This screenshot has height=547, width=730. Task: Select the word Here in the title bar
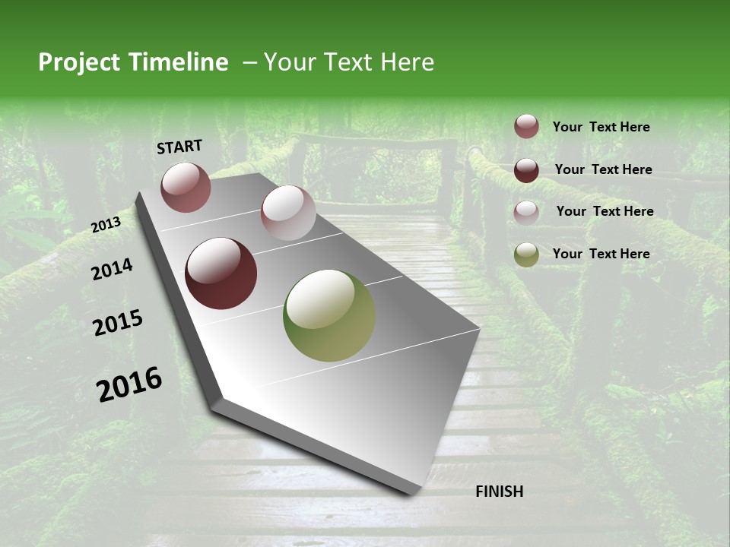(x=407, y=62)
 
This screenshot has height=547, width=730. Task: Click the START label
(x=179, y=147)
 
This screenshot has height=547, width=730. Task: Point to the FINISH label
(x=499, y=492)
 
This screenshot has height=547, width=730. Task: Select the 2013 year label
(x=106, y=225)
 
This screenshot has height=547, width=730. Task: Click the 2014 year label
(x=112, y=270)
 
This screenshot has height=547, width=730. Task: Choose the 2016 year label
(x=129, y=384)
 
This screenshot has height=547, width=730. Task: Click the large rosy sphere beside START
(x=186, y=187)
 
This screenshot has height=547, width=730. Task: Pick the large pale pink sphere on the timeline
(x=288, y=213)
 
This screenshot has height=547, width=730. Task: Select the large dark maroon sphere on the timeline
(x=221, y=273)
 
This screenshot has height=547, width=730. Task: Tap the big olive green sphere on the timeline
(x=329, y=315)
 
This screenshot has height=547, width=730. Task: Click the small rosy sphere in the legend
(x=526, y=127)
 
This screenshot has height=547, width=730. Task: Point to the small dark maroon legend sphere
(x=526, y=169)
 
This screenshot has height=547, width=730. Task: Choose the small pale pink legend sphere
(x=526, y=212)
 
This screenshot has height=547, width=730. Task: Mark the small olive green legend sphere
(x=526, y=255)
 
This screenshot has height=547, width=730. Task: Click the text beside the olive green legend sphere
(x=601, y=254)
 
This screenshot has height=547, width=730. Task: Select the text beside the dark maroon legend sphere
(x=603, y=169)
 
